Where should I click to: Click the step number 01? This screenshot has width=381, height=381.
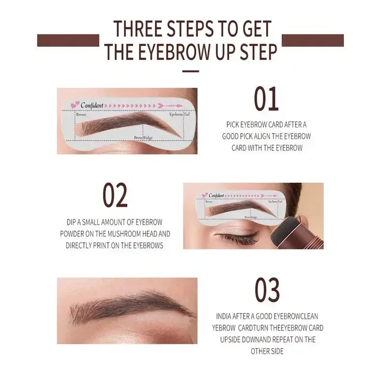point(266,99)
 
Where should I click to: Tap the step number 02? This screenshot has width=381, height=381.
point(115,195)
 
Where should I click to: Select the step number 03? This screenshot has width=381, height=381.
point(267,290)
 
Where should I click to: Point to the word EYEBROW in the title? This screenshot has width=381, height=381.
point(176,52)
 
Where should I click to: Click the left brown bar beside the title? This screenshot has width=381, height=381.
point(68,41)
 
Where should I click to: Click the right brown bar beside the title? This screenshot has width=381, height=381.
point(313,41)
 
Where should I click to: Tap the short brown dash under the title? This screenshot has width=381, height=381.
point(190,71)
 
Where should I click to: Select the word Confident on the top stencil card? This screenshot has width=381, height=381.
point(92,105)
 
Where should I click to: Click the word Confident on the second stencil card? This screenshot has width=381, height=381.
point(216,195)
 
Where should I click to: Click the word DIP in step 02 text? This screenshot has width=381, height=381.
point(73,222)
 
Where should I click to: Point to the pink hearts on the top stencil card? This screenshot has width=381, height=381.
point(74,105)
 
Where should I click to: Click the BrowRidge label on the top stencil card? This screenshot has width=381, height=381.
point(144,138)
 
